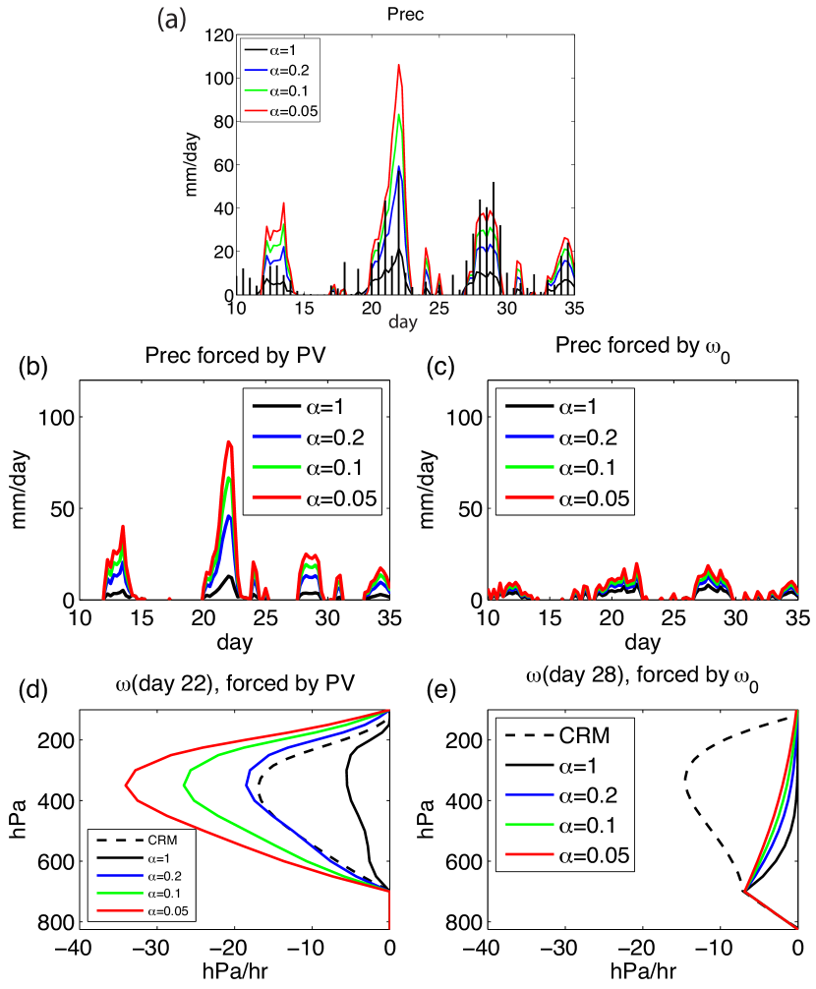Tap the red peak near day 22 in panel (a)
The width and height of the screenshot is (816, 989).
pos(399,66)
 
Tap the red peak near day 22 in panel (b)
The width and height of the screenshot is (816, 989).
pos(228,442)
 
